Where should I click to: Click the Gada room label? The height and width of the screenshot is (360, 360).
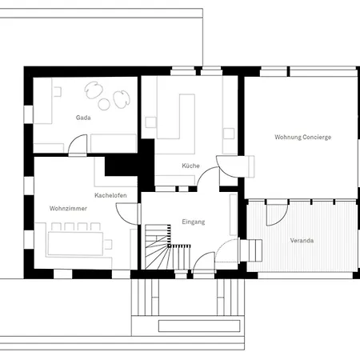tap(83, 118)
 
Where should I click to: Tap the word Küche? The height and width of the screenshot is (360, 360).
tap(190, 166)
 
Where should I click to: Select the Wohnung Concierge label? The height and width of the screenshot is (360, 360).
tap(302, 137)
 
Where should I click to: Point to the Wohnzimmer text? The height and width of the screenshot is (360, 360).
tap(68, 208)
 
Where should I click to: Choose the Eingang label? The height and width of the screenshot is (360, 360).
tap(194, 221)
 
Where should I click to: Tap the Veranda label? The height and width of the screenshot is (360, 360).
tap(302, 240)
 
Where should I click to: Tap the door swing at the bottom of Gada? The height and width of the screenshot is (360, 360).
tap(78, 145)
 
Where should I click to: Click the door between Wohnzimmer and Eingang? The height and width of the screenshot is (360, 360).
tap(125, 213)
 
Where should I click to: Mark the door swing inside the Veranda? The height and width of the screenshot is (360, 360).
tap(275, 213)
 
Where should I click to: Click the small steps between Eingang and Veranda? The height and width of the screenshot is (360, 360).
tap(255, 250)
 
